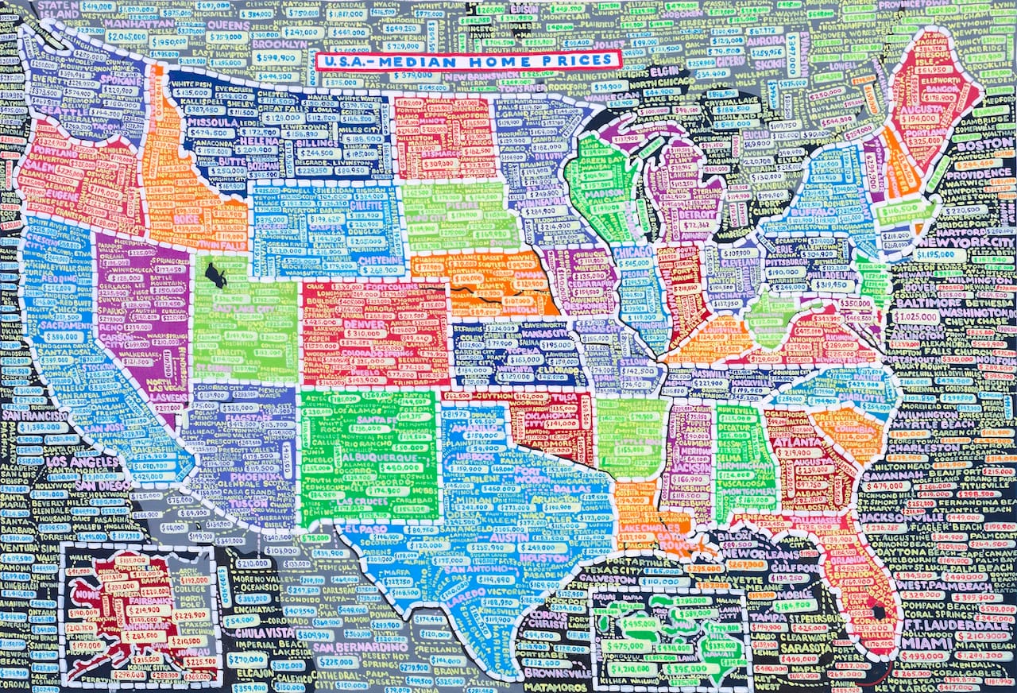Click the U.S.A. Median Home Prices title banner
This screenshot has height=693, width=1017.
click(x=467, y=60)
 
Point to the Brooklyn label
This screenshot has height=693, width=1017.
click(x=277, y=44)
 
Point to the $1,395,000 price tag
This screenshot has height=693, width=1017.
click(x=47, y=427)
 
